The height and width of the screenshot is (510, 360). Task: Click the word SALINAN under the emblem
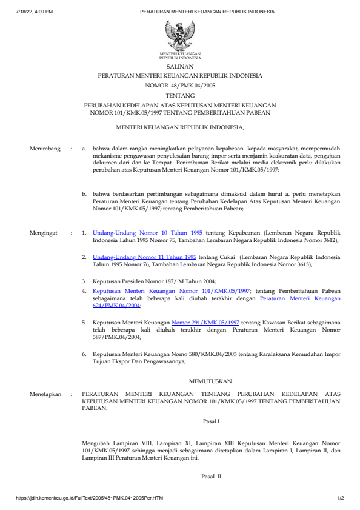[180, 66]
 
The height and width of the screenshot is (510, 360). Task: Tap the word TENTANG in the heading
[180, 95]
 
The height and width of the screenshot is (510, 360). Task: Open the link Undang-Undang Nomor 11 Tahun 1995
[144, 257]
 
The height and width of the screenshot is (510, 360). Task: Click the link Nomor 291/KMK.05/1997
[205, 323]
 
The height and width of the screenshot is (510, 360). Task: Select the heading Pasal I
[210, 420]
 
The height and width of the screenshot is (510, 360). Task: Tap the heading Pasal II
[211, 477]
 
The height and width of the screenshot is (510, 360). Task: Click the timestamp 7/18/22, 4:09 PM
[35, 12]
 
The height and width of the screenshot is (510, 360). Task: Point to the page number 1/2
[340, 498]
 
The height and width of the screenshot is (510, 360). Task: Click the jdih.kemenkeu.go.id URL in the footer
[90, 498]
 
